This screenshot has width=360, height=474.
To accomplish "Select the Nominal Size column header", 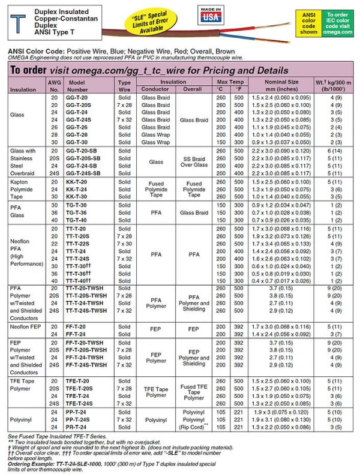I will tap(280, 85).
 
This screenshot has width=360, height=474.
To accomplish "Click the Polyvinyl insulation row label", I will tap(22, 419).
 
